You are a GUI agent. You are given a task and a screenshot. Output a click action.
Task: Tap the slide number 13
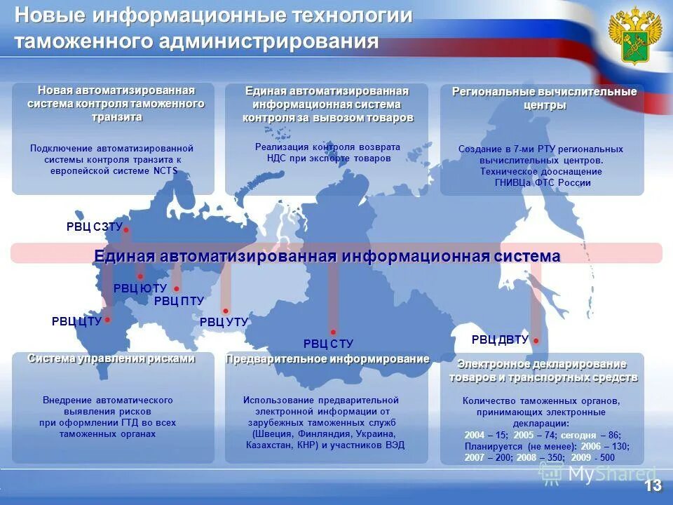[653, 485]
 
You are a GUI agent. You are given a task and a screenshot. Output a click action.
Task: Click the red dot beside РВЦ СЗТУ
[126, 230]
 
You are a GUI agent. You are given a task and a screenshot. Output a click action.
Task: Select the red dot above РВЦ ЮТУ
[140, 276]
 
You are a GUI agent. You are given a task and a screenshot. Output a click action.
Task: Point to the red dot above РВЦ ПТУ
[177, 288]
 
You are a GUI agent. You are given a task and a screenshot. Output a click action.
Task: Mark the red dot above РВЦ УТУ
[225, 311]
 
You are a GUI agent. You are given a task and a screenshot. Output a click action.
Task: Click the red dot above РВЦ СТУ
[333, 332]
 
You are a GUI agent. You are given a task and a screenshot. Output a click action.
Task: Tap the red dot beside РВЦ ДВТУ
[536, 341]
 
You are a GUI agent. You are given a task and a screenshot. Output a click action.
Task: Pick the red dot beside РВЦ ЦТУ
[107, 320]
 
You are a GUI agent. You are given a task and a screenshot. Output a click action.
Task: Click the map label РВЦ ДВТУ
[500, 340]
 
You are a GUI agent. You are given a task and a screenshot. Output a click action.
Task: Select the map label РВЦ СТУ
[328, 344]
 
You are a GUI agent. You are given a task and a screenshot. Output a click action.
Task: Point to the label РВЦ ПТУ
[179, 301]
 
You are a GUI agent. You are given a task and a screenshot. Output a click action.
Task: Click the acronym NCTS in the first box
[165, 171]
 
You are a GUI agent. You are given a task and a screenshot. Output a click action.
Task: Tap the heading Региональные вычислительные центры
[544, 98]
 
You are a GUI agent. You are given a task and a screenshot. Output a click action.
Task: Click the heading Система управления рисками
[111, 358]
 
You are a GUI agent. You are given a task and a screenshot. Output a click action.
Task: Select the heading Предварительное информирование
[327, 359]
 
